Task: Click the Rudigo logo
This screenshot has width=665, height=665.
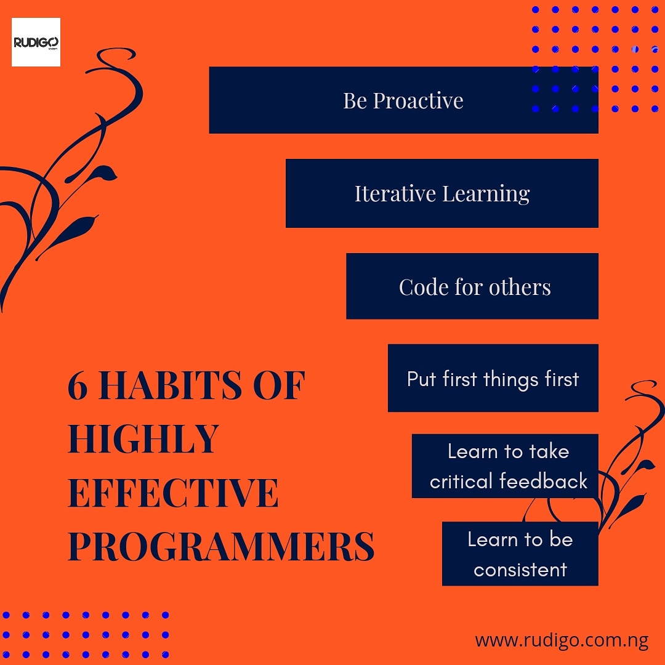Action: point(36,42)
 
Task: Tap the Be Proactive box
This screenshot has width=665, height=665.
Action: point(403,100)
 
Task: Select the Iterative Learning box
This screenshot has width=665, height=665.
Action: point(441,193)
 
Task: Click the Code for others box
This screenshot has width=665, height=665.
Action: point(472,286)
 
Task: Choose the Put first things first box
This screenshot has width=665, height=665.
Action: point(493,378)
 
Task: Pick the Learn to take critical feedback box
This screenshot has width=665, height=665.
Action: point(505,466)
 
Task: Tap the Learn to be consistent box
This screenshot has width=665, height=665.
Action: point(520,554)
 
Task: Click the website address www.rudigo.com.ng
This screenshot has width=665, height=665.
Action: point(561,640)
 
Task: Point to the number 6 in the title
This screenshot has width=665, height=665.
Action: point(78,386)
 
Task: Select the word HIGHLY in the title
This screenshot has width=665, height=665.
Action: point(143,439)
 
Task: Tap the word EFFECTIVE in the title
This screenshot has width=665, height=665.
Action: point(173,493)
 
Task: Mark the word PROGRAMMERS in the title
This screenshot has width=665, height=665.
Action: point(220,546)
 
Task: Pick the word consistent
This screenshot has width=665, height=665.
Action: point(520,570)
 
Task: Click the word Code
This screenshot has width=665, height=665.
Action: point(423,287)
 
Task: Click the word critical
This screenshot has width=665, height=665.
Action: point(462,481)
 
